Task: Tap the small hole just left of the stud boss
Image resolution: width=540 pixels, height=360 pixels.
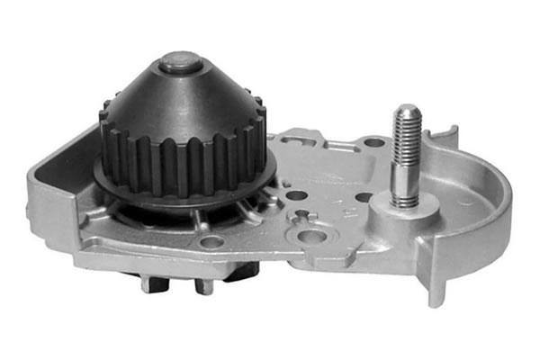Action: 364,197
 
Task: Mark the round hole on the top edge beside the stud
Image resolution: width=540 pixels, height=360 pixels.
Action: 373,142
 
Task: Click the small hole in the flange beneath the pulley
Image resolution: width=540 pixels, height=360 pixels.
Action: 212,241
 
